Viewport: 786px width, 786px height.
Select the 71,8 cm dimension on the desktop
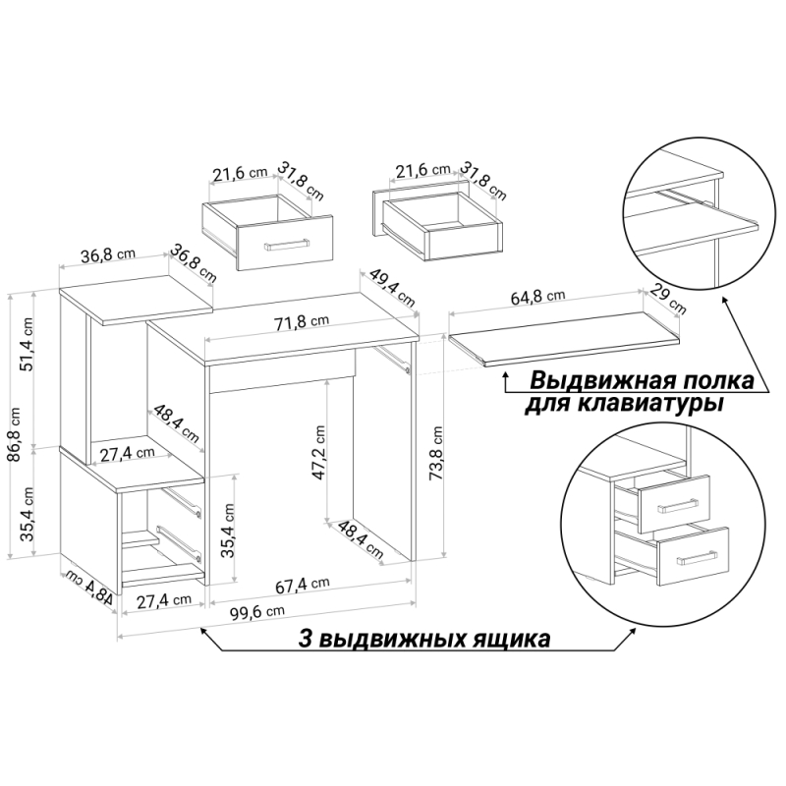click(x=301, y=322)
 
